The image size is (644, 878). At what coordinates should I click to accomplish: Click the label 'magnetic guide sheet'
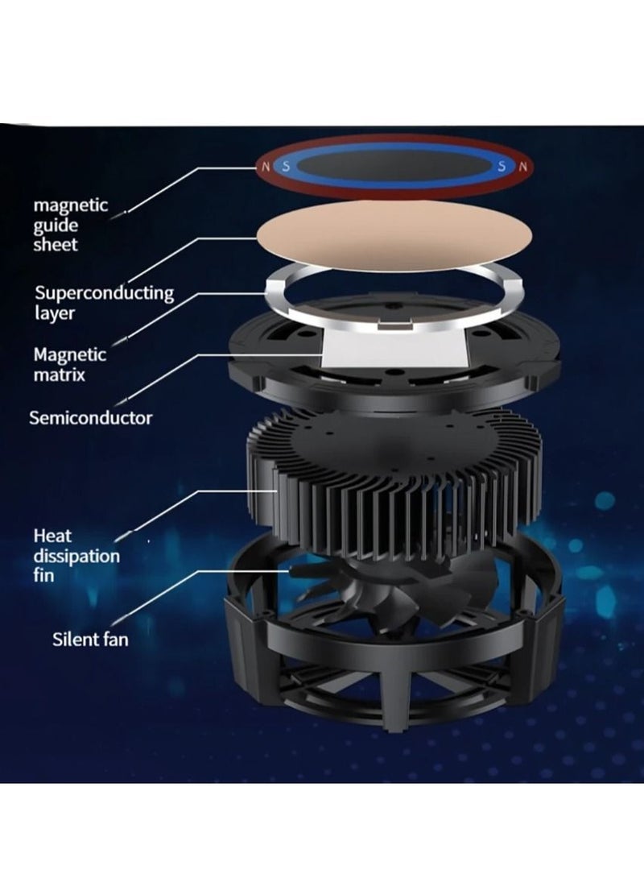tap(70, 225)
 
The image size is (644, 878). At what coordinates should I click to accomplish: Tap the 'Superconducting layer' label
tap(104, 302)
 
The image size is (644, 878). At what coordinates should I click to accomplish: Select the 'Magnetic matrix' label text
tap(69, 364)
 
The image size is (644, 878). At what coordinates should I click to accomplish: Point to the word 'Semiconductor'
tap(91, 418)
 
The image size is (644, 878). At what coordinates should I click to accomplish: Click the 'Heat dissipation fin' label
tap(76, 556)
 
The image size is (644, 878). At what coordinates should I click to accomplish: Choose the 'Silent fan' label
tap(90, 639)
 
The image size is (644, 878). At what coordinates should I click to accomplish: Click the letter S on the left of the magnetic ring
tap(286, 166)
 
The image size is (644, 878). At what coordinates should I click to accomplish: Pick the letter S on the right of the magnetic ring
tap(502, 166)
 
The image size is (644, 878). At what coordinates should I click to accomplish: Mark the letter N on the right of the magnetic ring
tap(523, 166)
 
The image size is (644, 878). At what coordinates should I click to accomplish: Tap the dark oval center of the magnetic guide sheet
tap(394, 166)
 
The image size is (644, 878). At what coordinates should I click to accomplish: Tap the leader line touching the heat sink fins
tap(196, 512)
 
